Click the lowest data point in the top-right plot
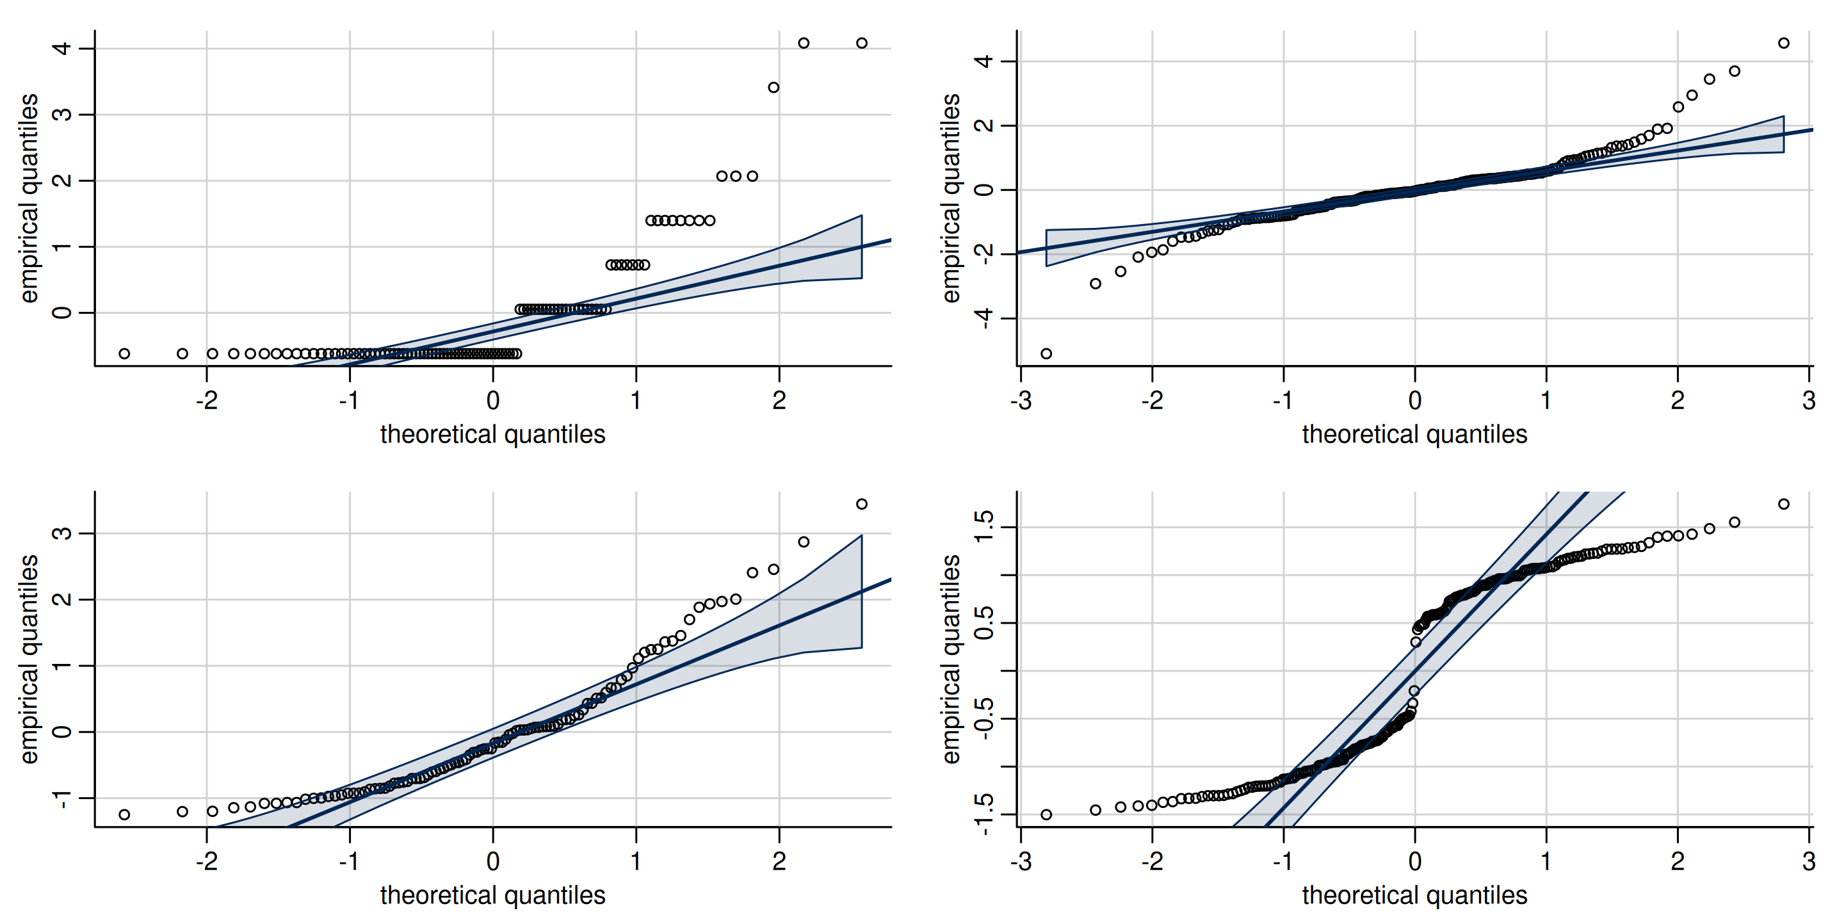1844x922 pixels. pos(1046,353)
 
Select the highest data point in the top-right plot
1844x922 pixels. pos(1783,43)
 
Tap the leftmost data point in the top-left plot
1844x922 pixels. pos(125,353)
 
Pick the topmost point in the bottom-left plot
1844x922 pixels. pos(862,504)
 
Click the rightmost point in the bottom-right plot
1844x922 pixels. pos(1783,504)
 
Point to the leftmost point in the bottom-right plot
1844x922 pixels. pos(1046,814)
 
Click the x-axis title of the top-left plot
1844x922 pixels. pos(492,435)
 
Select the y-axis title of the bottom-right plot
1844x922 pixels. pos(951,659)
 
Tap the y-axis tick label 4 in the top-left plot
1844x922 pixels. pos(62,49)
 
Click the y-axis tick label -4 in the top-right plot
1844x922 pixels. pos(984,318)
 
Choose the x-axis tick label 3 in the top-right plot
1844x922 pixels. pos(1809,401)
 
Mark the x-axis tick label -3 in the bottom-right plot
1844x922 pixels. pos(1021,862)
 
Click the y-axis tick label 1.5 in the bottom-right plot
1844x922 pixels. pos(984,527)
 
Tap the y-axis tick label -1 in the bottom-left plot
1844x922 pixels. pos(62,799)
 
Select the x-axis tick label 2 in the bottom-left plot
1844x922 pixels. pos(779,862)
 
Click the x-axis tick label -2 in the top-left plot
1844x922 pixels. pos(206,401)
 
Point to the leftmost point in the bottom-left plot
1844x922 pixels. pos(125,814)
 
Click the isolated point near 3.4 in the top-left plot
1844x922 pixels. pos(773,87)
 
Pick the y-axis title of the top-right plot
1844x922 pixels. pos(951,198)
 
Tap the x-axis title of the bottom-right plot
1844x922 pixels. pos(1414,896)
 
